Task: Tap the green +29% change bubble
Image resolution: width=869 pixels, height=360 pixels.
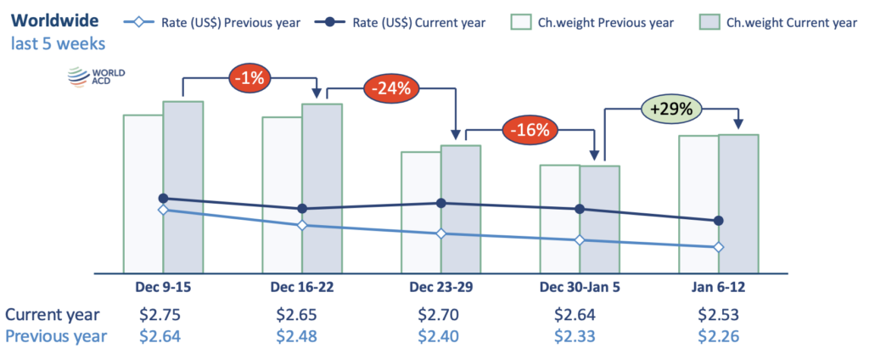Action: (671, 109)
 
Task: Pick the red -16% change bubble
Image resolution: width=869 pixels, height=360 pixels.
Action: (530, 131)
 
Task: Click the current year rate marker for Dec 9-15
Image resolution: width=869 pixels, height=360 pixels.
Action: (163, 198)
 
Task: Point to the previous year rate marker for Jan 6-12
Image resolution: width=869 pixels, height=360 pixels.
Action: (719, 247)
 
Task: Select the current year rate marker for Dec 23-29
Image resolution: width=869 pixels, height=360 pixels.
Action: (441, 204)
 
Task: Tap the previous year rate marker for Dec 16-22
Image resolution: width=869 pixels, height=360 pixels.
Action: (302, 225)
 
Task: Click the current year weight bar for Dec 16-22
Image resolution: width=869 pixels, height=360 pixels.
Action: (322, 188)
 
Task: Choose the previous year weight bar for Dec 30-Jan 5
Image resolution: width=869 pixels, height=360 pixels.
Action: (560, 218)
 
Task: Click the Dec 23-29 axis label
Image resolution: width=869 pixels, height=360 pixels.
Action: (441, 287)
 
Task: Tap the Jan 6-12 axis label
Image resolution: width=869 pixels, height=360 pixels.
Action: (719, 287)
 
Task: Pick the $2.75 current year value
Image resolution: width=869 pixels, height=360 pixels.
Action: (160, 314)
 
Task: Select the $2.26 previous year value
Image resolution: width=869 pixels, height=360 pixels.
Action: (718, 336)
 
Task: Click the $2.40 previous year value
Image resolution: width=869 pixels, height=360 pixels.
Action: (439, 336)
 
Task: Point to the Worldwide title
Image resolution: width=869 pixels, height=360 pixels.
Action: (55, 21)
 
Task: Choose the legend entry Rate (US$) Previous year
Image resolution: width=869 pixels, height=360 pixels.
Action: (213, 23)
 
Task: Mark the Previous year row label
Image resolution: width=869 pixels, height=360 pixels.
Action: (56, 337)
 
